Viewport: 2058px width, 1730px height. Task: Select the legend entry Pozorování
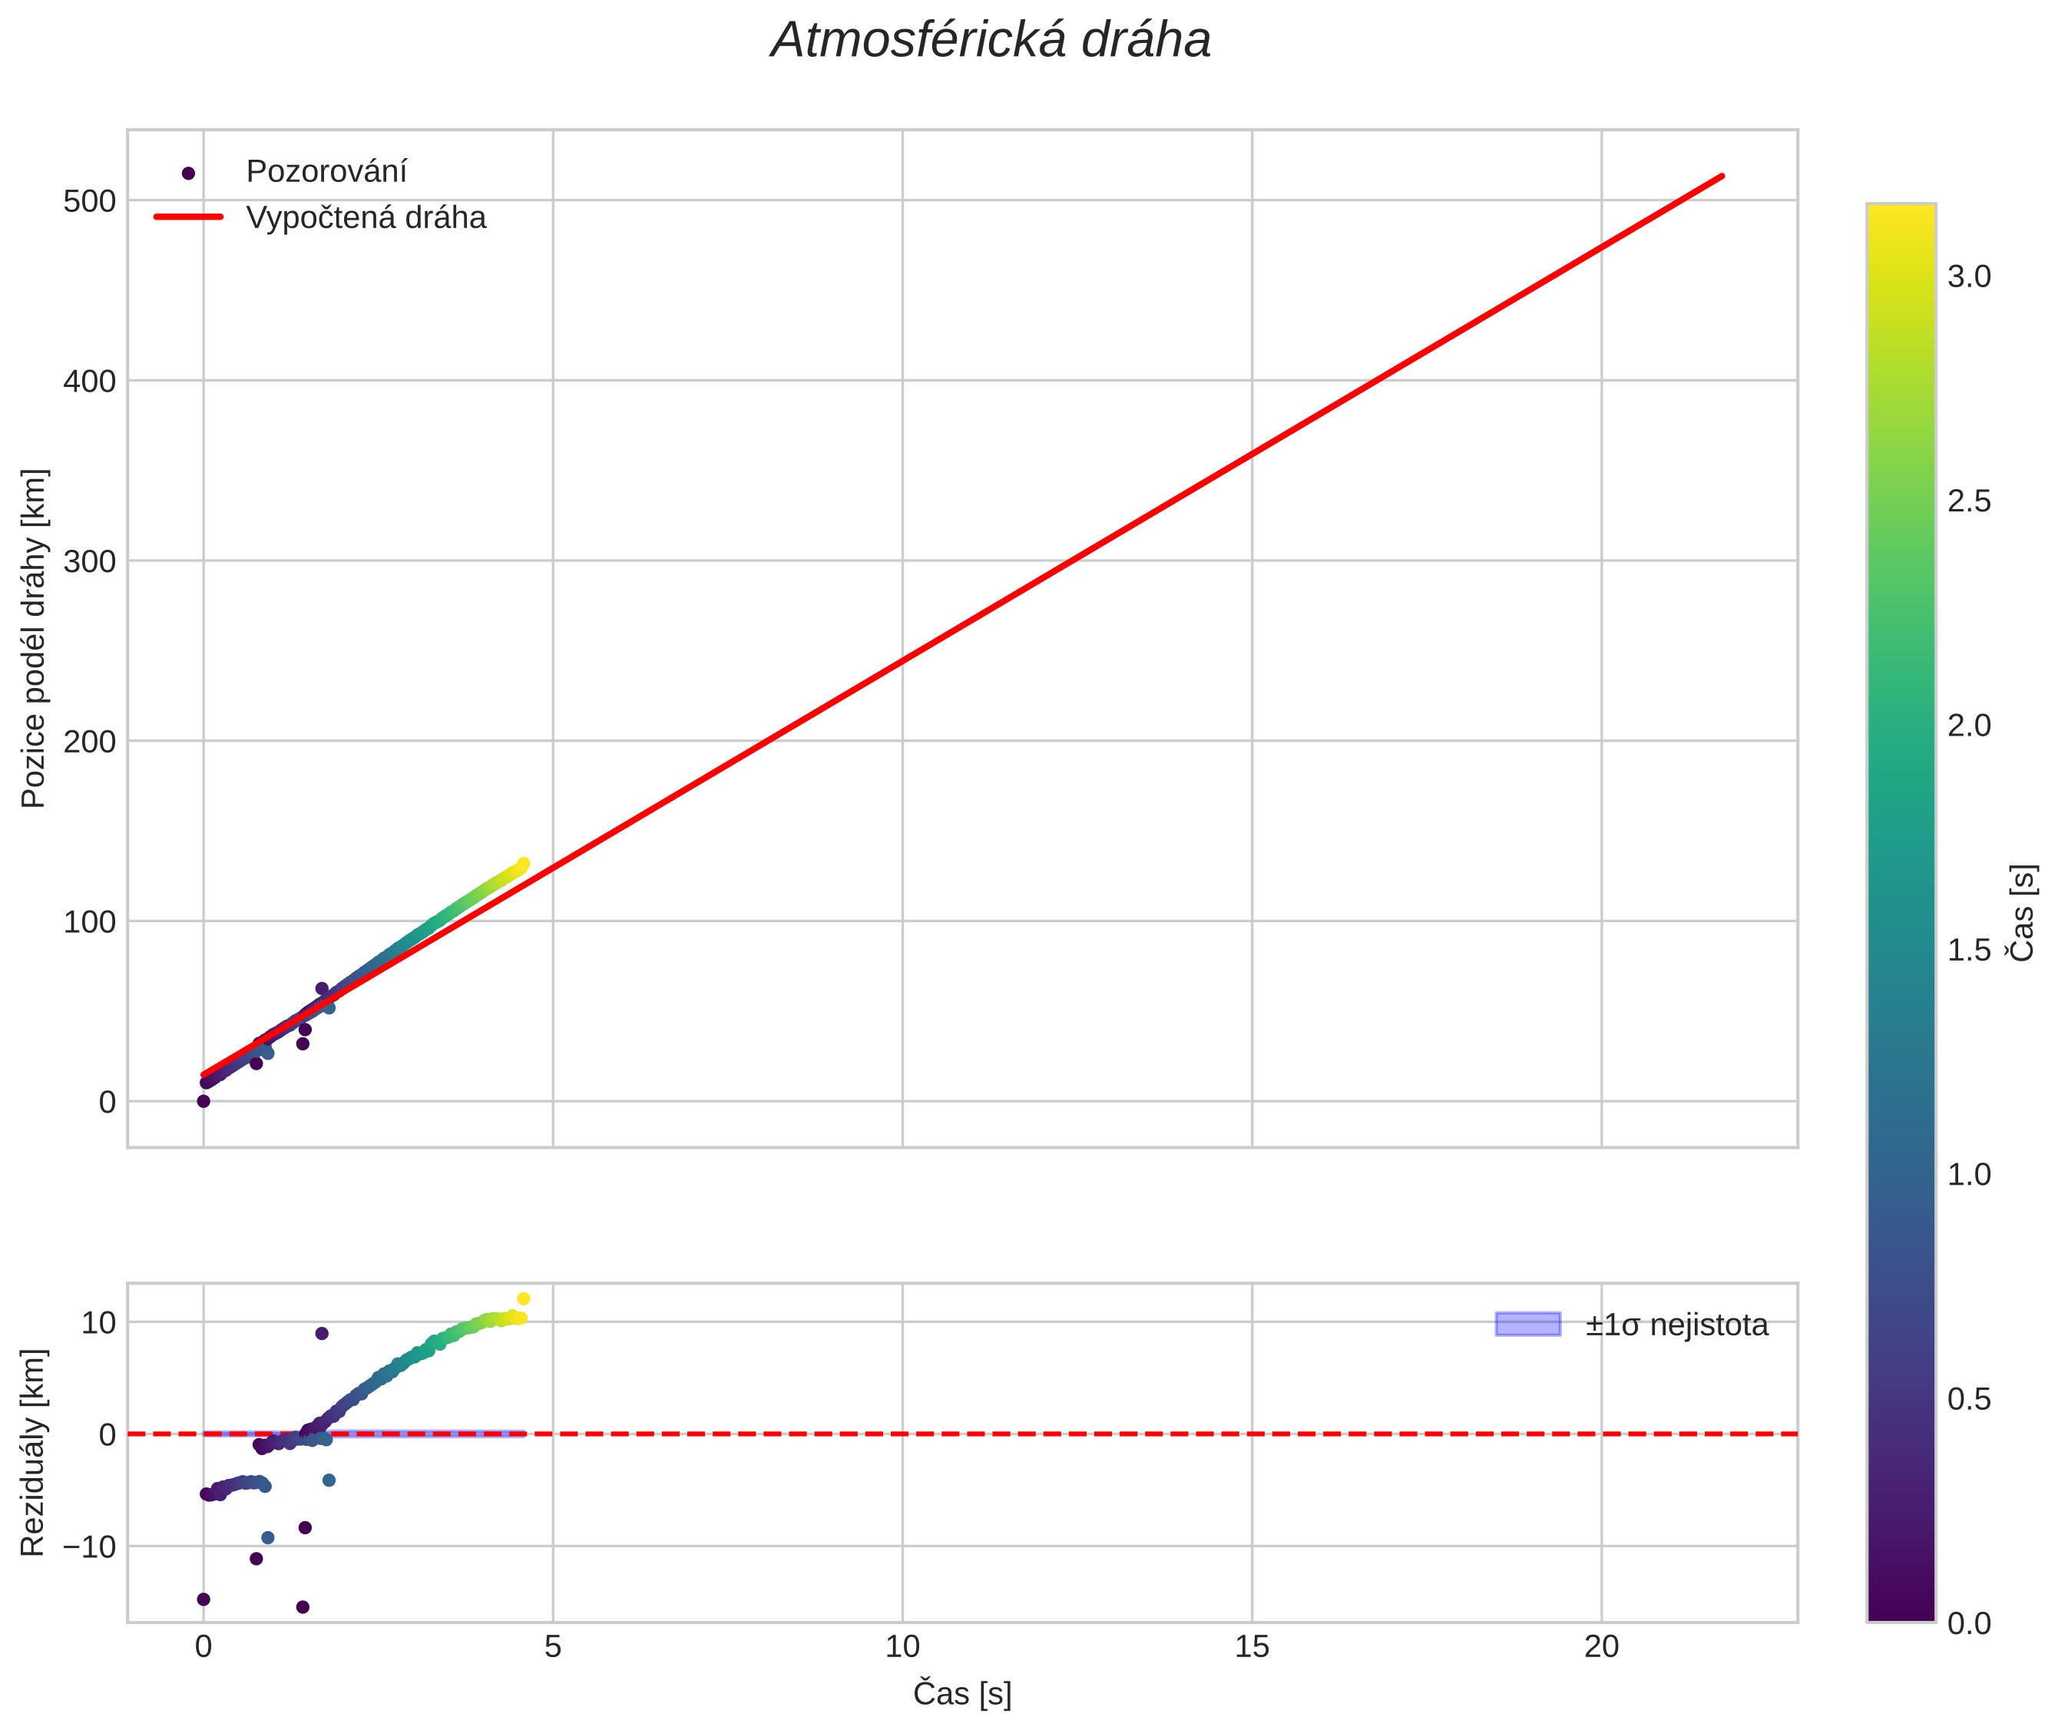pos(326,172)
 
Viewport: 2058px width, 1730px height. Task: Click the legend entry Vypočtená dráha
pos(365,218)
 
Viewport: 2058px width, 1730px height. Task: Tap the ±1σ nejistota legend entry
pos(1676,1325)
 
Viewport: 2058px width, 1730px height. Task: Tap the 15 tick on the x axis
pos(1252,1646)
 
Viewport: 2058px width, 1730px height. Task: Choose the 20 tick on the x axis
pos(1601,1646)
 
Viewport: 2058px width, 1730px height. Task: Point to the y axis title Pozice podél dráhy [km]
pos(35,637)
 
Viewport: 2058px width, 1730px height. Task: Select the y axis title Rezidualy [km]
pos(35,1451)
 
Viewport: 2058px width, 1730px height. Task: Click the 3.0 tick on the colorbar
pos(1969,276)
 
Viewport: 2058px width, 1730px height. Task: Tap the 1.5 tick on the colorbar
pos(1969,949)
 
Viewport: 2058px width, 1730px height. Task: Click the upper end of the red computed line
pos(1722,177)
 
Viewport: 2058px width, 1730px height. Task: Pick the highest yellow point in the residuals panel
pos(523,1298)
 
